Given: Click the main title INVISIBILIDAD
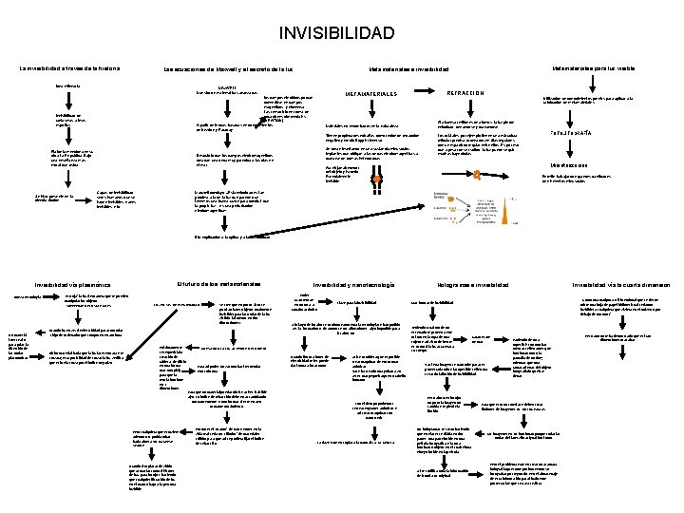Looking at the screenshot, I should [x=337, y=34].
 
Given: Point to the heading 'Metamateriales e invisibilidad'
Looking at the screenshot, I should [x=408, y=69].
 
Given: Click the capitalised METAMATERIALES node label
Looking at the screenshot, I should [x=363, y=94].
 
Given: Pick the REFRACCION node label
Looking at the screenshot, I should [x=465, y=92].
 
